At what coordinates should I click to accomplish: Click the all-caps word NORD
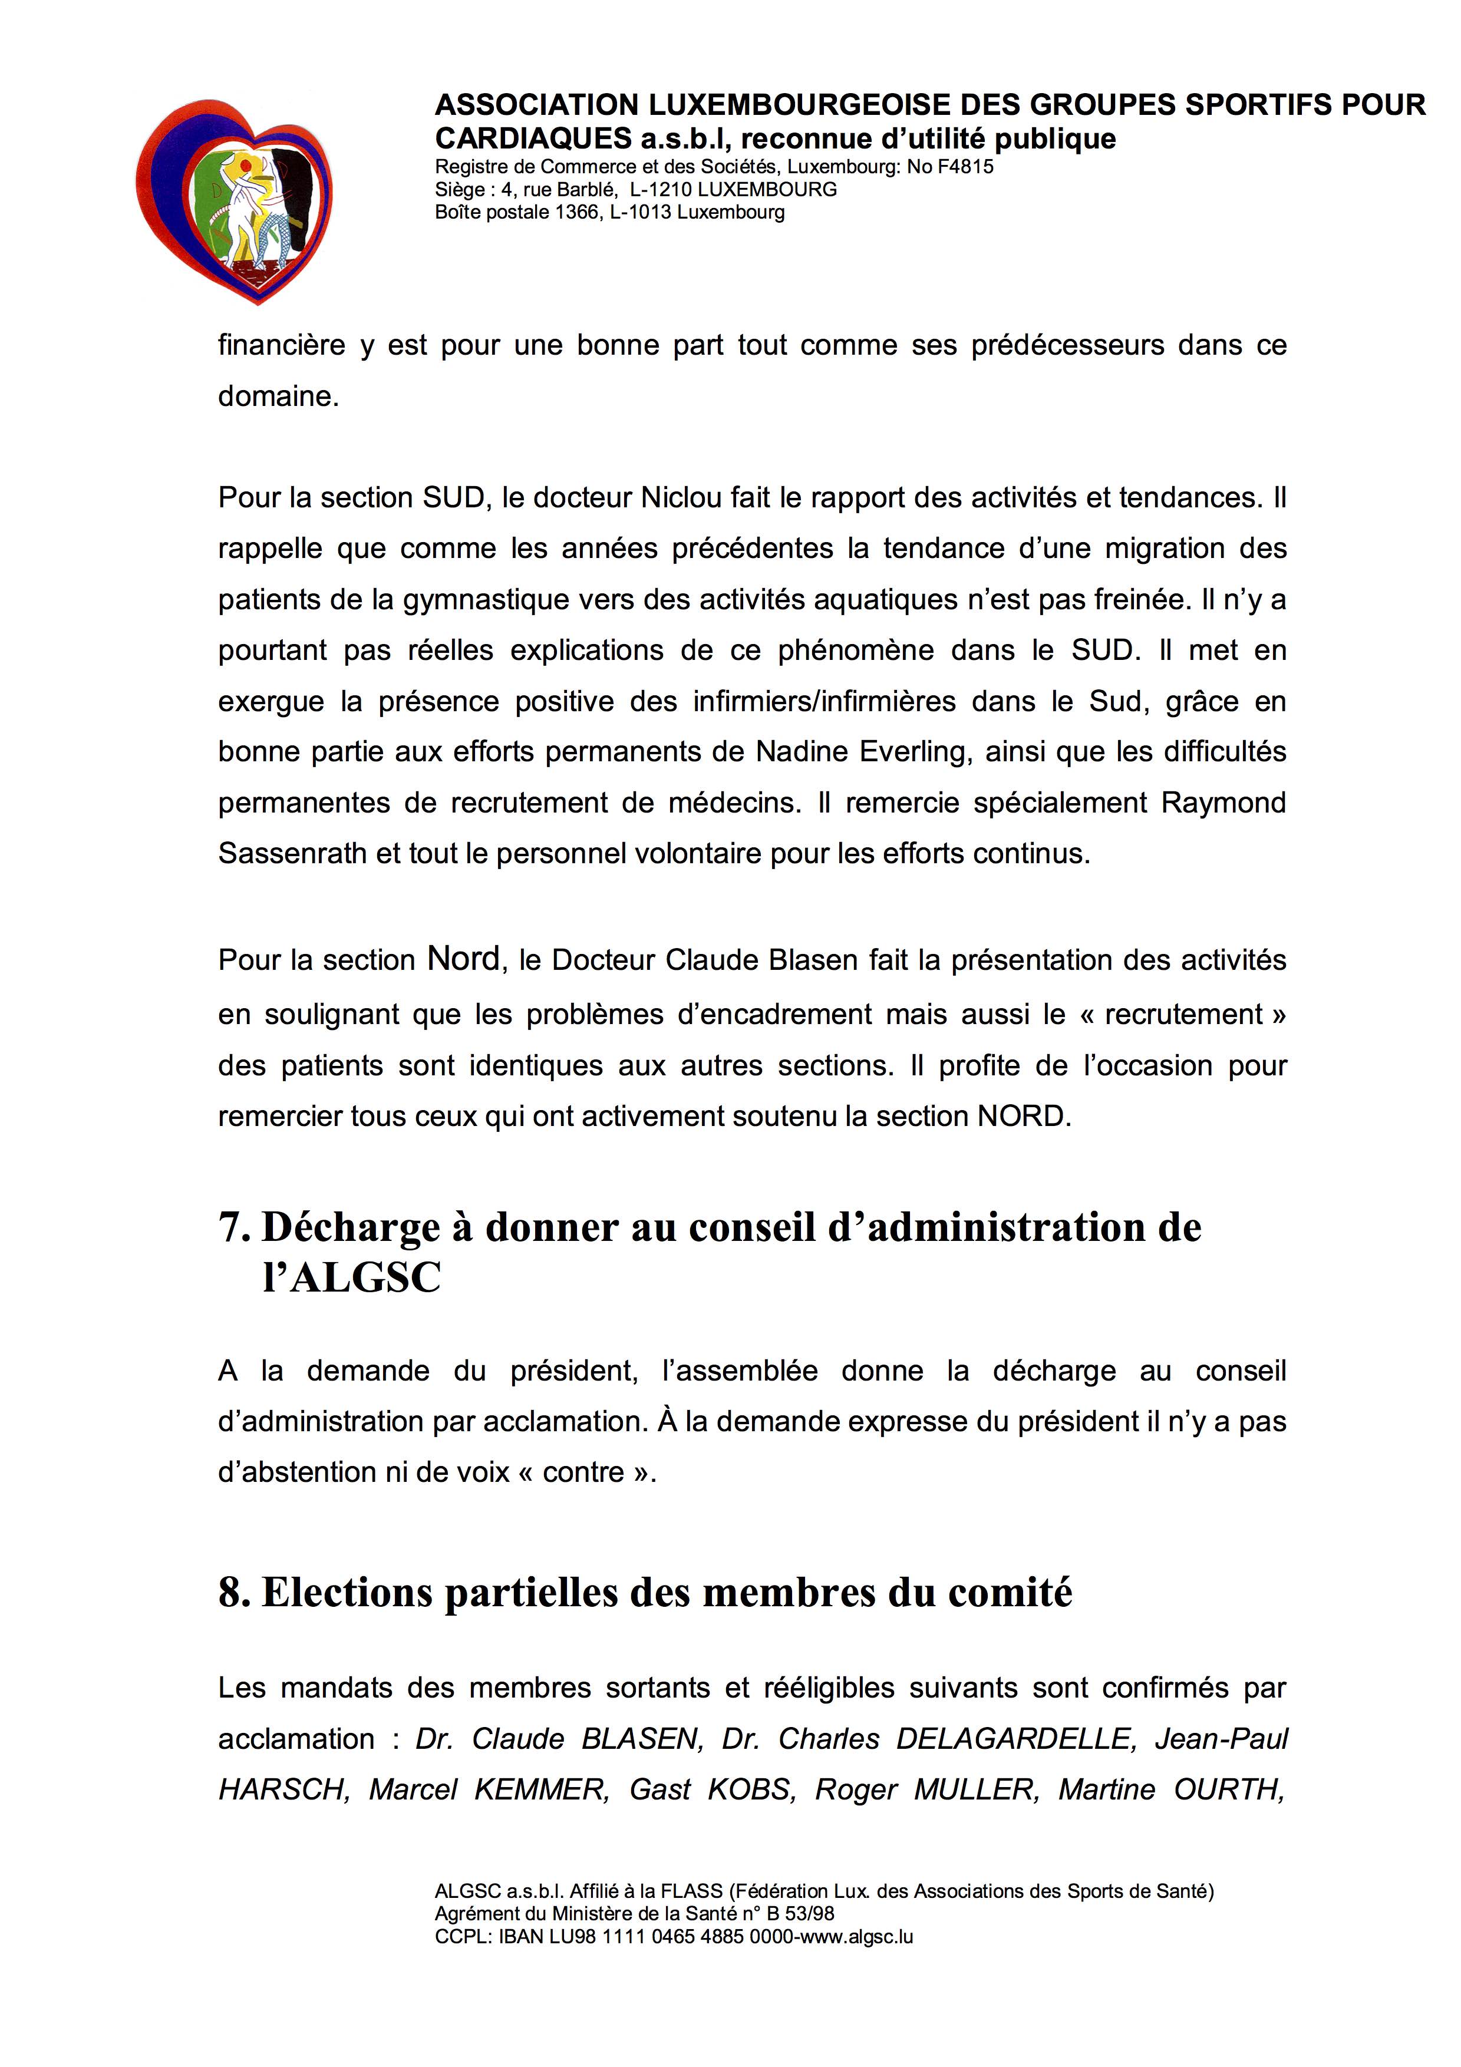[1023, 1117]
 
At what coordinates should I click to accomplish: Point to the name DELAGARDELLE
[1014, 1738]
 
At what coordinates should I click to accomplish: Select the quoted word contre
[583, 1472]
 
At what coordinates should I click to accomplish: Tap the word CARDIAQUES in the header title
[534, 138]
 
